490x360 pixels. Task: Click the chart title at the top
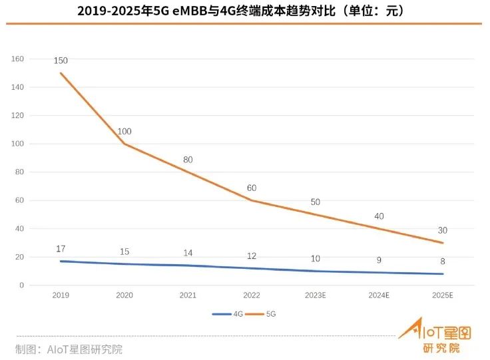244,11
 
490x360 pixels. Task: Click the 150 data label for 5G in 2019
61,61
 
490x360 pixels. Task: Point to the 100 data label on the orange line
124,132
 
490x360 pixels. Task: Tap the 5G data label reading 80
188,160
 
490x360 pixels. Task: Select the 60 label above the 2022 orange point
252,188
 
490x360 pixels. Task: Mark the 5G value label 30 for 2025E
443,230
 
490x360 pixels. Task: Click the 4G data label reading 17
61,249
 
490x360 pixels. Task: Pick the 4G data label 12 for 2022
252,256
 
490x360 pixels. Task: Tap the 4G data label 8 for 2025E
443,262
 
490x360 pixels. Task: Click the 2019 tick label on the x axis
61,295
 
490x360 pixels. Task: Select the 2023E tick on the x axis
316,295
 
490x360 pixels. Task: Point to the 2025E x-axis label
443,295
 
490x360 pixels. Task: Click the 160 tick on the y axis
17,59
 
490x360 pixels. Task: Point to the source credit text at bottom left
69,349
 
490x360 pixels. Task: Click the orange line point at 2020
124,144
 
